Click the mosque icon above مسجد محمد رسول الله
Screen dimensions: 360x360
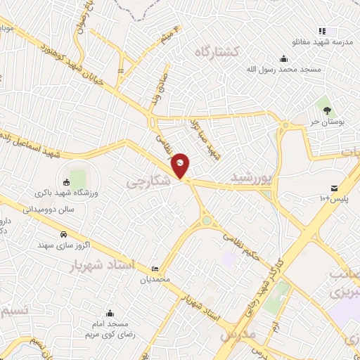283,58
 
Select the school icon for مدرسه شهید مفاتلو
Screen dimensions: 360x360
322,31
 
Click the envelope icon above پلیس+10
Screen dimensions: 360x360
334,188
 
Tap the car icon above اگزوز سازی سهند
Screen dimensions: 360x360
63,234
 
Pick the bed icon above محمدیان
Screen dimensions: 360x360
155,269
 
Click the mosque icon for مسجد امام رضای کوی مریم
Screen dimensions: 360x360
110,314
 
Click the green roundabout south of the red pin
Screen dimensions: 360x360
207,220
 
